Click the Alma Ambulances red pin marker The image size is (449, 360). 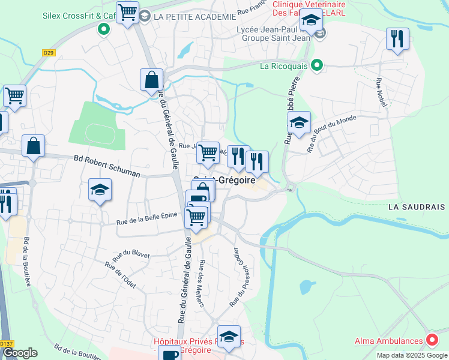click(432, 340)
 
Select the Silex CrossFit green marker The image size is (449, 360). click(104, 28)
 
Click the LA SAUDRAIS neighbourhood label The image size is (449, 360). click(417, 207)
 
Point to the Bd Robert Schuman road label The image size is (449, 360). click(106, 166)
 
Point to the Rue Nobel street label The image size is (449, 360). click(382, 92)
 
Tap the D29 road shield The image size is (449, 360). click(49, 53)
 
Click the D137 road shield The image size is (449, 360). click(7, 344)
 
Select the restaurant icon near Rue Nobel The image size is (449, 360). click(397, 39)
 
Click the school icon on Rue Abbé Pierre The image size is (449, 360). click(298, 124)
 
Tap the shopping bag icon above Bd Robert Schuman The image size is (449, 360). click(34, 146)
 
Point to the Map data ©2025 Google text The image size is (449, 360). click(412, 355)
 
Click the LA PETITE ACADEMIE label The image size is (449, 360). click(194, 17)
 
